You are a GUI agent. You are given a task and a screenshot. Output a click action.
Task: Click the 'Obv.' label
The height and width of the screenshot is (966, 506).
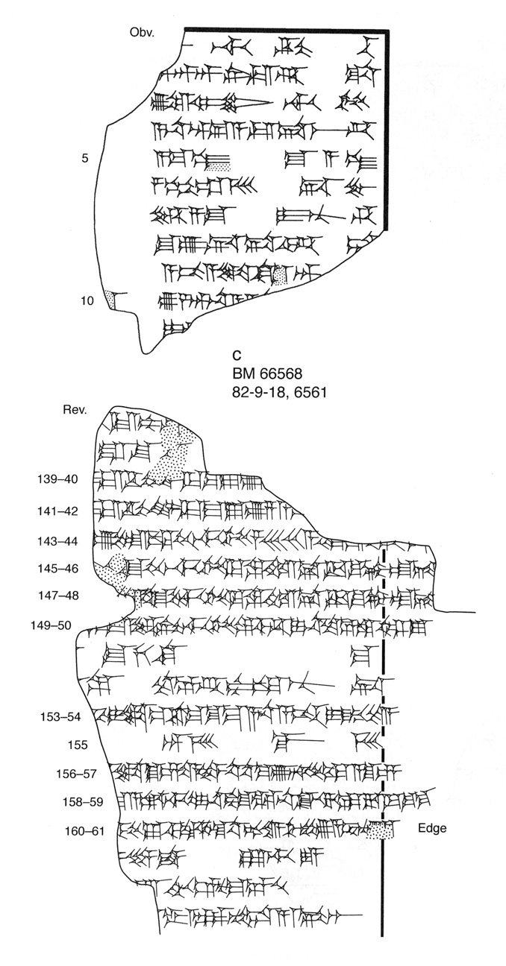(x=141, y=33)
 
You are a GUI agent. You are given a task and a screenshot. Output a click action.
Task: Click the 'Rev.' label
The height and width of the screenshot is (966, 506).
(x=75, y=409)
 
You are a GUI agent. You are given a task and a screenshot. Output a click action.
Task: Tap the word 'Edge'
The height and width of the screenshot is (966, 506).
(x=432, y=828)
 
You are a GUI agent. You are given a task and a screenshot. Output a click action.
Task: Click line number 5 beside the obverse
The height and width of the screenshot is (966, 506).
(x=85, y=158)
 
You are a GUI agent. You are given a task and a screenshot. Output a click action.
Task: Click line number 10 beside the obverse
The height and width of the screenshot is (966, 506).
(x=87, y=301)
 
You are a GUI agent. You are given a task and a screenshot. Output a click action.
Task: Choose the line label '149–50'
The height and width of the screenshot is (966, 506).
(x=51, y=625)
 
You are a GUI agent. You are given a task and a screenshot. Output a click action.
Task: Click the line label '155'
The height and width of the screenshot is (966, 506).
(x=77, y=744)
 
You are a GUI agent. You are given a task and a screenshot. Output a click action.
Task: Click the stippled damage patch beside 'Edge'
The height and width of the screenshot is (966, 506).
(x=381, y=829)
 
